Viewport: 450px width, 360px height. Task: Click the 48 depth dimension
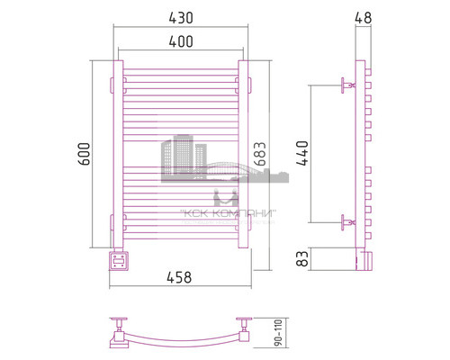pyautogui.click(x=361, y=17)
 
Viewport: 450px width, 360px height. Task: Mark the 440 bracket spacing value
pyautogui.click(x=301, y=155)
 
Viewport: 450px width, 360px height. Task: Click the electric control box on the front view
pyautogui.click(x=117, y=261)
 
